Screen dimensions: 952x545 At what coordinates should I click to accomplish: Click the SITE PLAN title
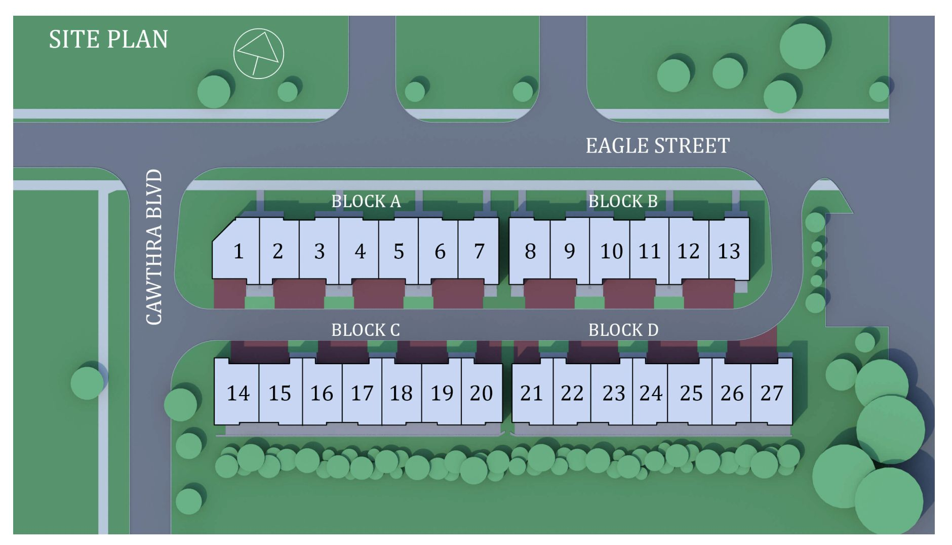point(108,40)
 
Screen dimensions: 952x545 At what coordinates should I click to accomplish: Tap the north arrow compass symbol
point(258,53)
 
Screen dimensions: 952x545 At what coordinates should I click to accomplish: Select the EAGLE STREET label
point(658,146)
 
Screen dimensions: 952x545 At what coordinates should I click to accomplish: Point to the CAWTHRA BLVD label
point(153,247)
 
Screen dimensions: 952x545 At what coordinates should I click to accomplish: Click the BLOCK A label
point(366,202)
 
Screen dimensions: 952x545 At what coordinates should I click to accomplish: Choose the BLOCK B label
point(623,202)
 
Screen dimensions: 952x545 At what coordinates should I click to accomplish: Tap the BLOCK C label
point(366,330)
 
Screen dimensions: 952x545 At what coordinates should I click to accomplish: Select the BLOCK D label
point(623,330)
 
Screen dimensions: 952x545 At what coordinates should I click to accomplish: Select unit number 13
point(729,251)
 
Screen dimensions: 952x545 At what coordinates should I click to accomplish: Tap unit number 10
point(611,251)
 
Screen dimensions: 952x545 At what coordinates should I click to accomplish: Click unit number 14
point(237,393)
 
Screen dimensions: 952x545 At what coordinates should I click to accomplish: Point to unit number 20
point(481,393)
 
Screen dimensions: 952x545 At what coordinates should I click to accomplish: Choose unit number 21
point(531,393)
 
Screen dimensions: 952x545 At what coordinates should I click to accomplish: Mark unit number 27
point(772,393)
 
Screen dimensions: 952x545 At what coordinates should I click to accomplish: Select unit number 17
point(362,393)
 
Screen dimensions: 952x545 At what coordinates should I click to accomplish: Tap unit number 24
point(651,393)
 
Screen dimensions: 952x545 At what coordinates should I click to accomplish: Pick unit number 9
point(570,251)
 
